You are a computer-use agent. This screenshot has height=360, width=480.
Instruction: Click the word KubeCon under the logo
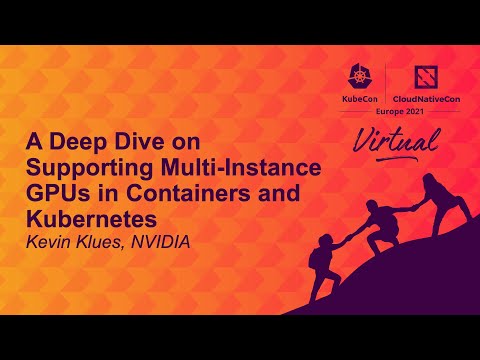pos(360,102)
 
